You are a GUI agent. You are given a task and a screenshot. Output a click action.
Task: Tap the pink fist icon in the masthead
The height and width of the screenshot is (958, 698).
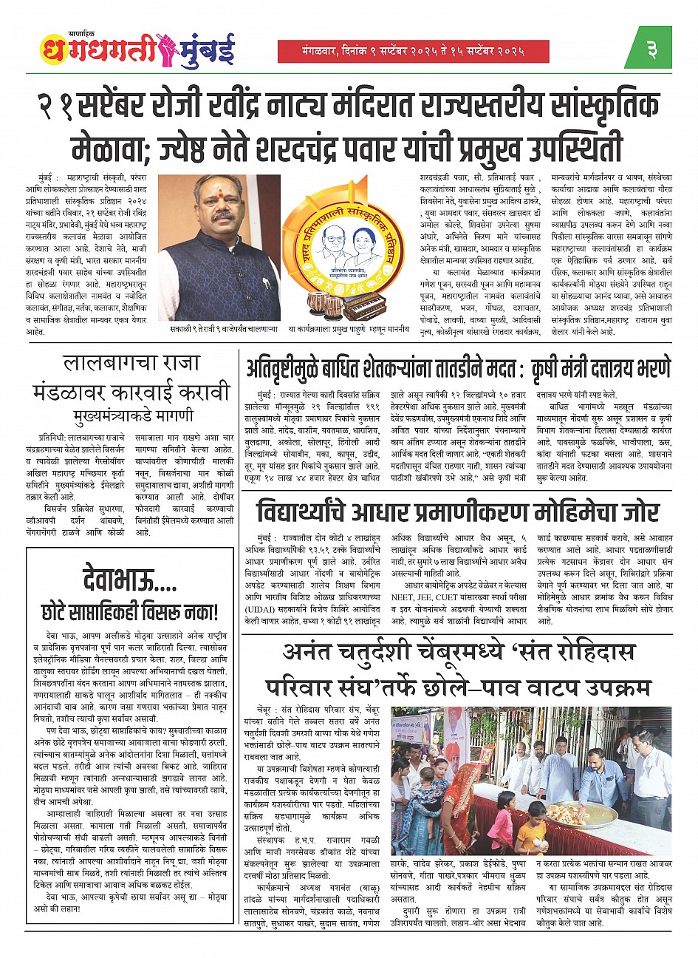tap(164, 48)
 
